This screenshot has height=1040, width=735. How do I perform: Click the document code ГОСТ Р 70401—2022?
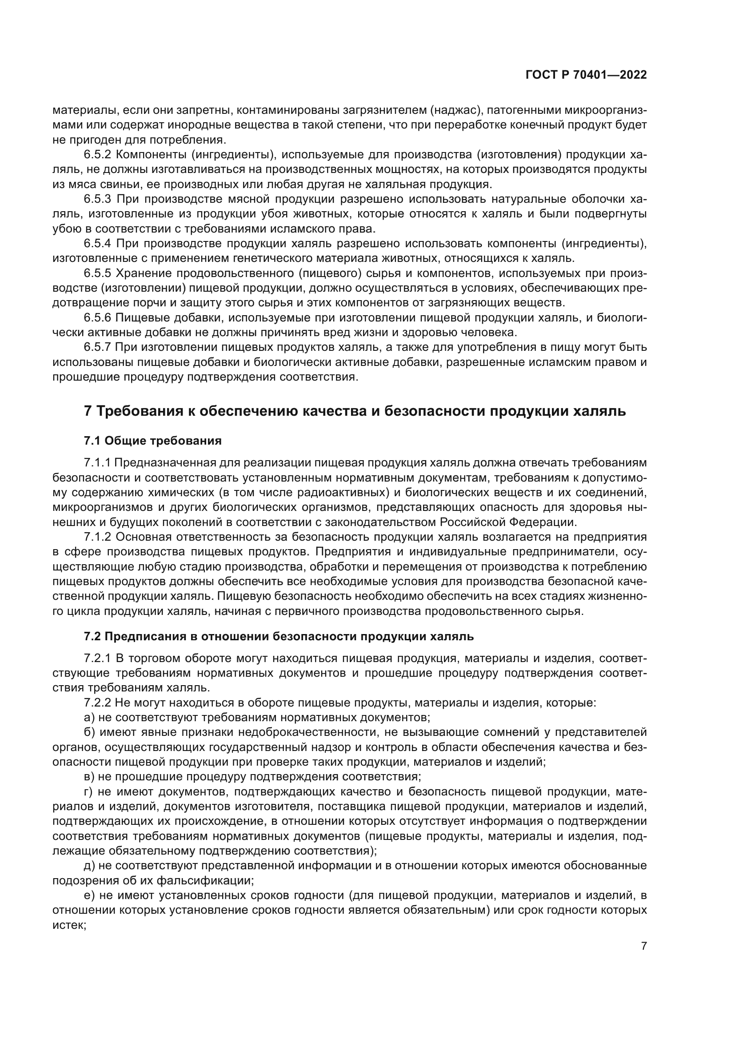click(x=586, y=75)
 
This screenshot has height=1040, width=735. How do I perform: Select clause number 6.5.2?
click(x=97, y=155)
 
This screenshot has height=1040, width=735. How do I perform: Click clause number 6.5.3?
click(x=97, y=199)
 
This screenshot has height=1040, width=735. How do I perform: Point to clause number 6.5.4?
click(x=97, y=244)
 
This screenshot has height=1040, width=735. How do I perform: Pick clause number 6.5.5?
click(x=97, y=273)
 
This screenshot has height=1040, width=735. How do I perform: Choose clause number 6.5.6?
click(x=97, y=317)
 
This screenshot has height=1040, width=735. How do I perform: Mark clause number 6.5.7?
click(x=97, y=347)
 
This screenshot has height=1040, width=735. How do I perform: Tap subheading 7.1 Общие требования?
click(x=152, y=441)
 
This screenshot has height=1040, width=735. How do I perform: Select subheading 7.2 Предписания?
click(x=278, y=636)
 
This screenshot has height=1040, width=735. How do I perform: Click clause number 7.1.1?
click(x=97, y=463)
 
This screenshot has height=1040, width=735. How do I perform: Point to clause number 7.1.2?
click(x=97, y=537)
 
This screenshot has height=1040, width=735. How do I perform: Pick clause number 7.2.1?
click(x=97, y=658)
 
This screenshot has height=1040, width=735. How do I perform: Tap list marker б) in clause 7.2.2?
click(x=90, y=732)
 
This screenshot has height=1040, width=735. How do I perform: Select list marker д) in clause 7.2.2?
click(x=89, y=866)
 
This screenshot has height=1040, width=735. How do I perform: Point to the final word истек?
click(x=69, y=925)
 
